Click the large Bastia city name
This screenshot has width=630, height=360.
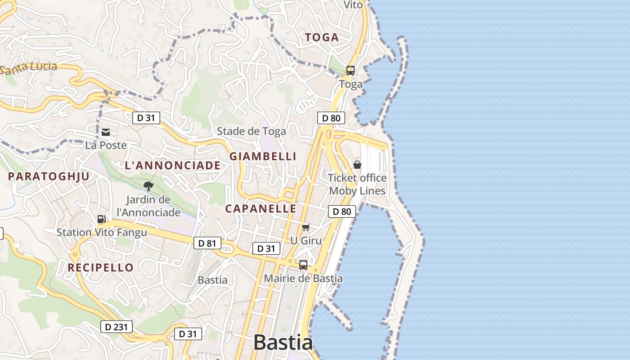tap(283, 342)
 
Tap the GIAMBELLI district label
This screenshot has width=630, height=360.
tap(263, 157)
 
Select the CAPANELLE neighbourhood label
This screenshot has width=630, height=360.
tap(261, 209)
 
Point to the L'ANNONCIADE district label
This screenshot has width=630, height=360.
tap(173, 166)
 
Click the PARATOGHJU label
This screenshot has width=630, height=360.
tap(49, 176)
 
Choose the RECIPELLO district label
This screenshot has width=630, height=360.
tap(101, 268)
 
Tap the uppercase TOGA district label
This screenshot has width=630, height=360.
tap(322, 38)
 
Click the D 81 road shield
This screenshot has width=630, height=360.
tap(207, 243)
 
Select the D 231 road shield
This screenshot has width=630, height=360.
tap(116, 327)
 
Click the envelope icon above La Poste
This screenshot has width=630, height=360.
tap(106, 132)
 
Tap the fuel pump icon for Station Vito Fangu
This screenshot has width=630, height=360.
tap(102, 219)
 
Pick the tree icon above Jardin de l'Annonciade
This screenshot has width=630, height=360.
tap(148, 186)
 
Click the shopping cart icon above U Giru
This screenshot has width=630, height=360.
tap(306, 228)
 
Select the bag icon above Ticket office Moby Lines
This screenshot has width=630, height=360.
tap(357, 165)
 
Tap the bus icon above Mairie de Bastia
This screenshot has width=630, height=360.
tap(303, 265)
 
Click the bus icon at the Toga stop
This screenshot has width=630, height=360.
tap(351, 71)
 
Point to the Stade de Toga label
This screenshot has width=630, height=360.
tap(251, 131)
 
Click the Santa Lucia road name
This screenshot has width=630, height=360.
tap(29, 68)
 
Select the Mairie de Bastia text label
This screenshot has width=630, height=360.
tap(303, 279)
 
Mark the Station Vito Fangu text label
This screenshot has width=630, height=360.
tap(102, 233)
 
